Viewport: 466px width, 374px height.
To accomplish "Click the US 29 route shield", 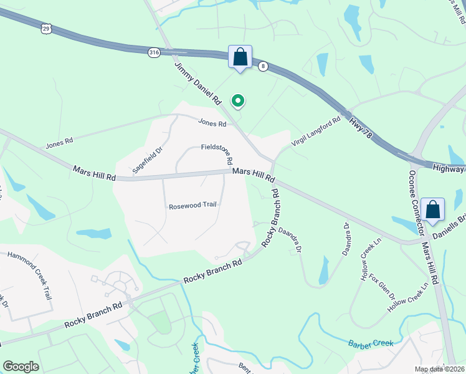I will coord(46,29).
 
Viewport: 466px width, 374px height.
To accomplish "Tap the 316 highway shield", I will coord(154,52).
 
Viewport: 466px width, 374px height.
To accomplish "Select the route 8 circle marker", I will coord(264,66).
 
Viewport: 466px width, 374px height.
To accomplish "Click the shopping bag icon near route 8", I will coord(240,57).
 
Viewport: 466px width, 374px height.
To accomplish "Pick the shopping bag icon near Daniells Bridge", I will coord(432,211).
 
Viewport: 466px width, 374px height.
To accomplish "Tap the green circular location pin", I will coord(237,100).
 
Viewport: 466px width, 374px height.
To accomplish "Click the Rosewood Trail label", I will coord(193,206).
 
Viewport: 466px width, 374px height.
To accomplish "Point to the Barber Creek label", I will coord(368,342).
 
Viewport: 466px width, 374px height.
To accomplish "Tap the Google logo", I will coord(21,367).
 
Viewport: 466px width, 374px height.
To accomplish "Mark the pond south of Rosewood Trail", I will coord(93,234).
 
